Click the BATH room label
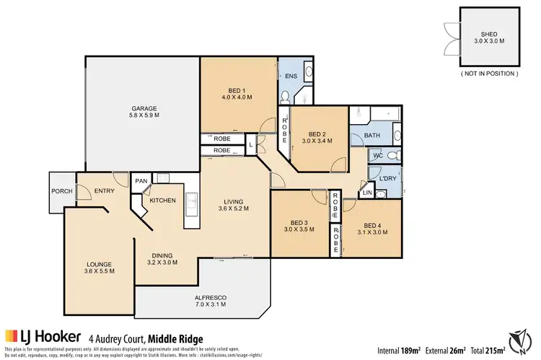pos(372,135)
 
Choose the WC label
pos(377,156)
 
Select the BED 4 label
pos(371,224)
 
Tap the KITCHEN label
pos(163,200)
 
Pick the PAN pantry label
pos(142,182)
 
